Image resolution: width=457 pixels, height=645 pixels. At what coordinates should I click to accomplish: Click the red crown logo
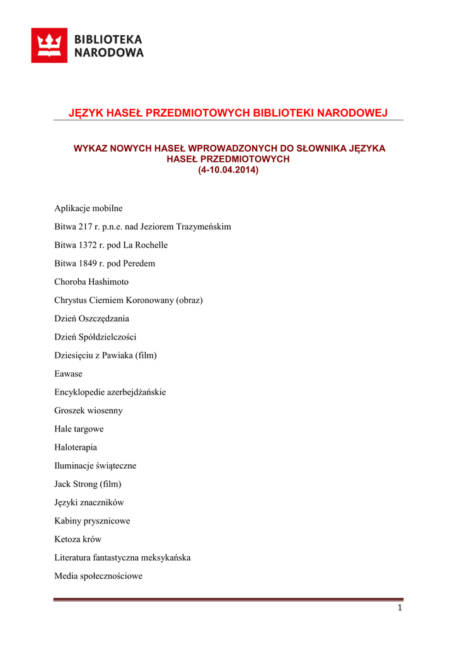click(x=49, y=45)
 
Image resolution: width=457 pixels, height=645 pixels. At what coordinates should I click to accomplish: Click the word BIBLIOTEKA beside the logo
click(x=108, y=39)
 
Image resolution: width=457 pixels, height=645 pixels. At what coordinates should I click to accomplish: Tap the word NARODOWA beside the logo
click(x=109, y=53)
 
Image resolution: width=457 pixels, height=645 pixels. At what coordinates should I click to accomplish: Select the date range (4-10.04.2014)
click(x=228, y=170)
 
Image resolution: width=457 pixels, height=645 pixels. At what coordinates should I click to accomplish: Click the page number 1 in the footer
click(x=399, y=607)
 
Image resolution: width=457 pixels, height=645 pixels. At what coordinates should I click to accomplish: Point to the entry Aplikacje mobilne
click(x=88, y=208)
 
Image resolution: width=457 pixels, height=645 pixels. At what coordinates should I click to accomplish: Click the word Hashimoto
click(x=108, y=282)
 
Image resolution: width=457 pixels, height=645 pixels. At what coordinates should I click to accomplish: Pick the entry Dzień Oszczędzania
click(x=91, y=319)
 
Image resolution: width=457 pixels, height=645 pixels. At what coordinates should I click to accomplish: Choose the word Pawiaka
click(x=115, y=355)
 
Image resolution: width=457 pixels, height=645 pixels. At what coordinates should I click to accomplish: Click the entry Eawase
click(x=68, y=374)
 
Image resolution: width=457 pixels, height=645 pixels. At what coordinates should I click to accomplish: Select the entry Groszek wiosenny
click(x=88, y=411)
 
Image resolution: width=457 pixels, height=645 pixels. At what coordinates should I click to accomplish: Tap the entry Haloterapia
click(x=76, y=447)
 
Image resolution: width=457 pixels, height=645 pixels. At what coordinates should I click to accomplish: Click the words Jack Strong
click(x=76, y=484)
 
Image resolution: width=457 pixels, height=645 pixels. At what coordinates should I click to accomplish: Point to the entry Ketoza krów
click(x=78, y=539)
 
